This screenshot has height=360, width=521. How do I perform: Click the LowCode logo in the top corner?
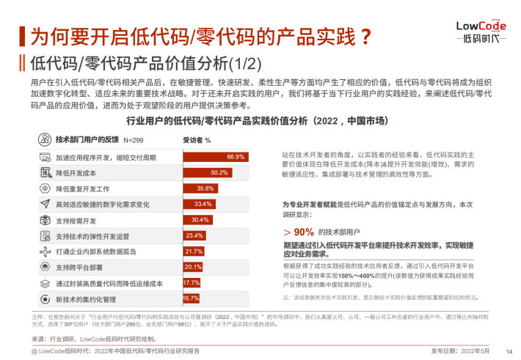coord(481,30)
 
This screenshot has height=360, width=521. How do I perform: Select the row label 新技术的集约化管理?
coord(87,298)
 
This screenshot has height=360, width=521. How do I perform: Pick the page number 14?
coord(509,351)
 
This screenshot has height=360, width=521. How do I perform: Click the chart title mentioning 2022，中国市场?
coord(256,120)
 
